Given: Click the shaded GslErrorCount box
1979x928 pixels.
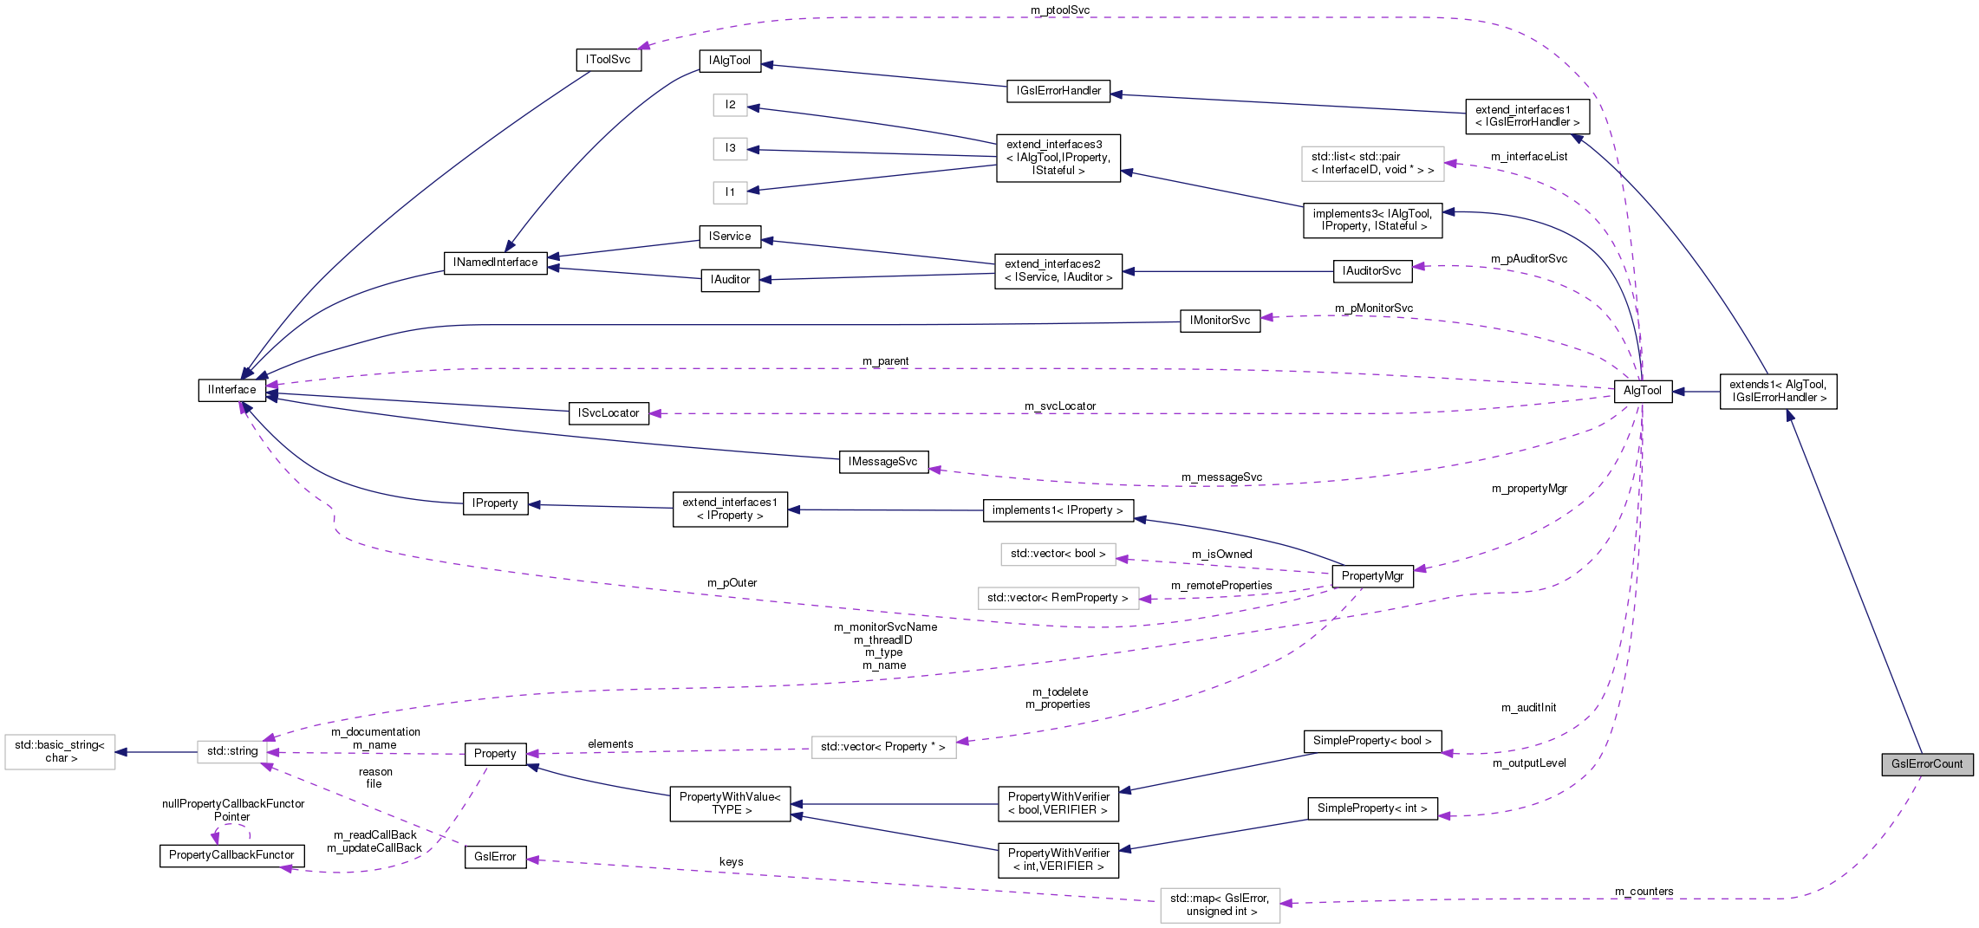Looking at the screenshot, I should [x=1926, y=764].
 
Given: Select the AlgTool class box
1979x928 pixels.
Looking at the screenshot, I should [x=1642, y=391].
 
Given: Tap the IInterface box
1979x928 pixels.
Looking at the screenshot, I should [x=231, y=390].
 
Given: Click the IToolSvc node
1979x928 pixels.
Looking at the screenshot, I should [x=608, y=60].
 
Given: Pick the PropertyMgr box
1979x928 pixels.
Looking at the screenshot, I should [x=1371, y=576].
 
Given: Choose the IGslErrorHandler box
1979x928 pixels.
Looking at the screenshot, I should [x=1058, y=91].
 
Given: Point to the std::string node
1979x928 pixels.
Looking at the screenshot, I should [x=232, y=751].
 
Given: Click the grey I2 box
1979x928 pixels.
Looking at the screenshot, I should [x=730, y=105].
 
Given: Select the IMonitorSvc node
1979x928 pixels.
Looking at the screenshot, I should [x=1219, y=321].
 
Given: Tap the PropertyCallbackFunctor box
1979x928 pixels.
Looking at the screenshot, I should [x=231, y=855].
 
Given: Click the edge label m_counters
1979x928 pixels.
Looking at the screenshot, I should [x=1644, y=892].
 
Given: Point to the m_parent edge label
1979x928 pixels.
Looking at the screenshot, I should [x=885, y=361].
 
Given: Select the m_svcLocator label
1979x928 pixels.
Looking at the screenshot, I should [x=1059, y=406].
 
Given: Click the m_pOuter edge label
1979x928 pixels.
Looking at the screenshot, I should [x=732, y=583].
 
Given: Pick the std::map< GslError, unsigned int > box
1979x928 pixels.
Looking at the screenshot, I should [x=1219, y=905].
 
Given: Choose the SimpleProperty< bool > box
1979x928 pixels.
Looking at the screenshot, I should [x=1371, y=741].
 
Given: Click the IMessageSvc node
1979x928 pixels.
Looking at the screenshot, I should [x=882, y=462].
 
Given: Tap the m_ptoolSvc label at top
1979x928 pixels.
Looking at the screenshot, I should [x=1059, y=10].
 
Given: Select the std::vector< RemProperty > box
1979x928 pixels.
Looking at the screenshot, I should [x=1058, y=598].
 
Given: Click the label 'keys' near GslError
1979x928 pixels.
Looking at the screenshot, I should [x=731, y=862].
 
